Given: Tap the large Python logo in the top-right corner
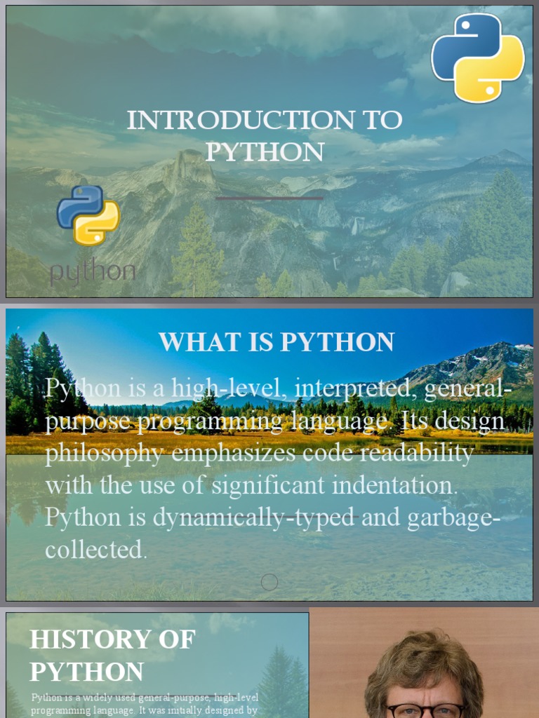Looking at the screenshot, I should [477, 57].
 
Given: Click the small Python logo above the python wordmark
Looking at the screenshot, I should [88, 215].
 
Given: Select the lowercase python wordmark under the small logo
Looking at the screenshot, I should [92, 272].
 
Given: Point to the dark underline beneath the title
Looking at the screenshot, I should [269, 198].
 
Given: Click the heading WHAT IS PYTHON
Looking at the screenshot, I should [276, 342].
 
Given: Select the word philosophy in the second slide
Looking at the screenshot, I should [105, 454].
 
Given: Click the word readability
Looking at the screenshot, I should [413, 453].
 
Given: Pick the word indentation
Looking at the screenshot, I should [397, 485].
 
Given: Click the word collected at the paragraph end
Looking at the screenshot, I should [96, 550].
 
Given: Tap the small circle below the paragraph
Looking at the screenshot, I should [269, 582].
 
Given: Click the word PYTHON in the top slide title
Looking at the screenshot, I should [265, 152].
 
